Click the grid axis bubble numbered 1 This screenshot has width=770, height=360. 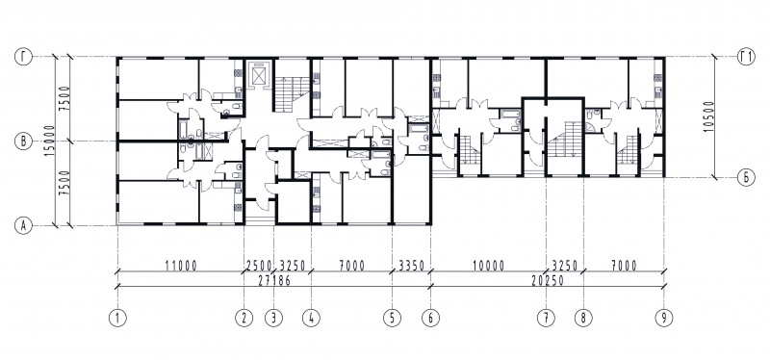(x=117, y=318)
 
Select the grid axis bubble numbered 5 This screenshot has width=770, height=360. (x=392, y=318)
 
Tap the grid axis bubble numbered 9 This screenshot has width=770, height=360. (x=664, y=318)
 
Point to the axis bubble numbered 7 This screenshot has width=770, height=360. (x=546, y=318)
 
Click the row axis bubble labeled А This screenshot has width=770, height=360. (x=23, y=226)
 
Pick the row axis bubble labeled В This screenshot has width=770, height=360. (x=23, y=141)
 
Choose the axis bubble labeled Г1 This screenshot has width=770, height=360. (x=745, y=57)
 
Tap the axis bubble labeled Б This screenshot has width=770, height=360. (x=745, y=177)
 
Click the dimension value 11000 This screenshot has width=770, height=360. (x=181, y=266)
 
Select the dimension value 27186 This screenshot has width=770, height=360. (x=275, y=281)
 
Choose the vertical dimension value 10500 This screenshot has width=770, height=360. (x=707, y=116)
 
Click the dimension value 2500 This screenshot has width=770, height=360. (x=258, y=266)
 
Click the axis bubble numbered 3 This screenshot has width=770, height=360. (x=273, y=318)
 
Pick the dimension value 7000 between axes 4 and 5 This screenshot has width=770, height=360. (x=351, y=266)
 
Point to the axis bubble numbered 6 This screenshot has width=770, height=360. (x=430, y=318)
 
